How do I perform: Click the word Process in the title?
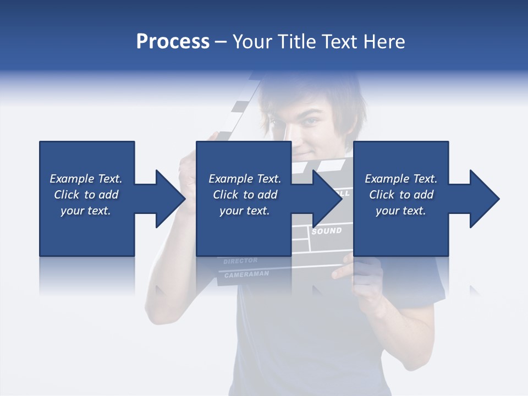pos(173,42)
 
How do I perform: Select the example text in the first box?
pos(86,195)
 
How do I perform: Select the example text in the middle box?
pos(244,195)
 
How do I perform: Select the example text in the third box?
pos(401,195)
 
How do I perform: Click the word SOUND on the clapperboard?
pos(327,231)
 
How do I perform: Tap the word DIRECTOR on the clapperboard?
pos(240,261)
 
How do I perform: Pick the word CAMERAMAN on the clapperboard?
pos(246,273)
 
